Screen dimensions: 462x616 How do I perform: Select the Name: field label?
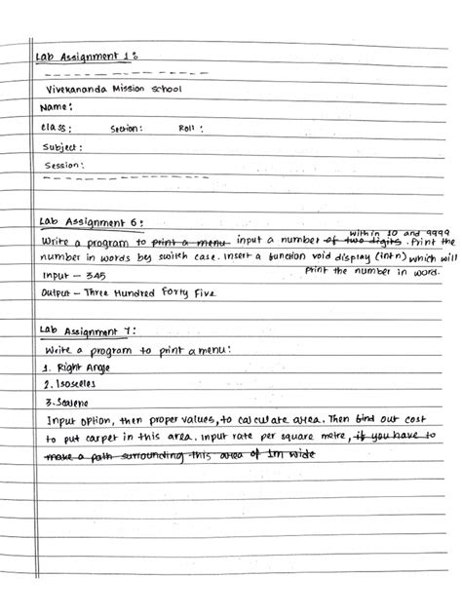point(54,107)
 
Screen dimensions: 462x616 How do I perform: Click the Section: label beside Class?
point(127,128)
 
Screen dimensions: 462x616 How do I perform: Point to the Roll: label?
point(189,128)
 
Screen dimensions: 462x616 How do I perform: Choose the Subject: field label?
point(60,147)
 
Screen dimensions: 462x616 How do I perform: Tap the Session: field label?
point(61,166)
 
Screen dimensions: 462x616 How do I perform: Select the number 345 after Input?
point(94,277)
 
